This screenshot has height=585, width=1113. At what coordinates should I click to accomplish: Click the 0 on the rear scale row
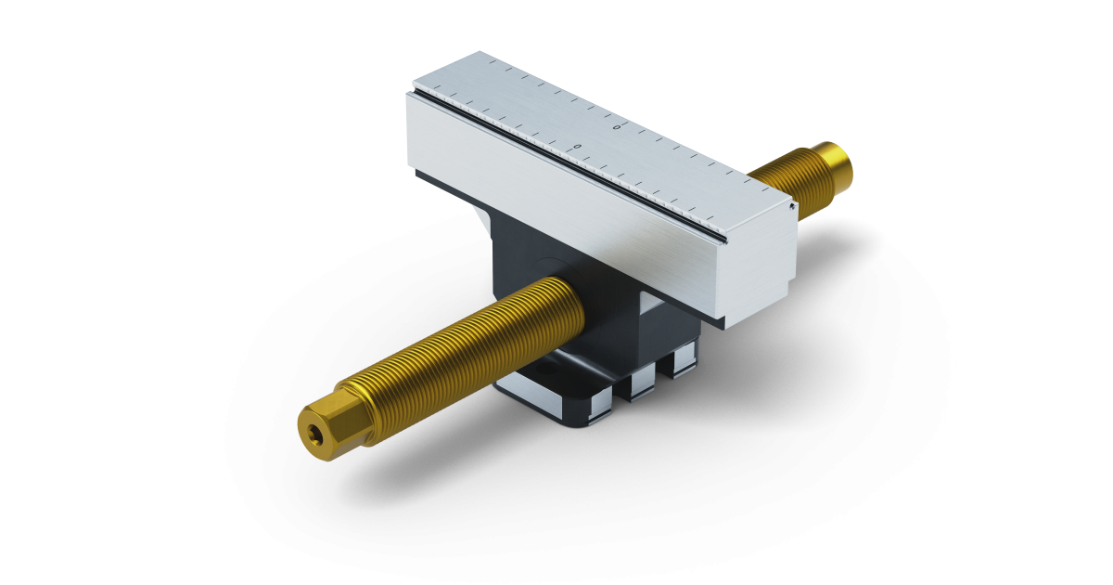click(618, 126)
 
